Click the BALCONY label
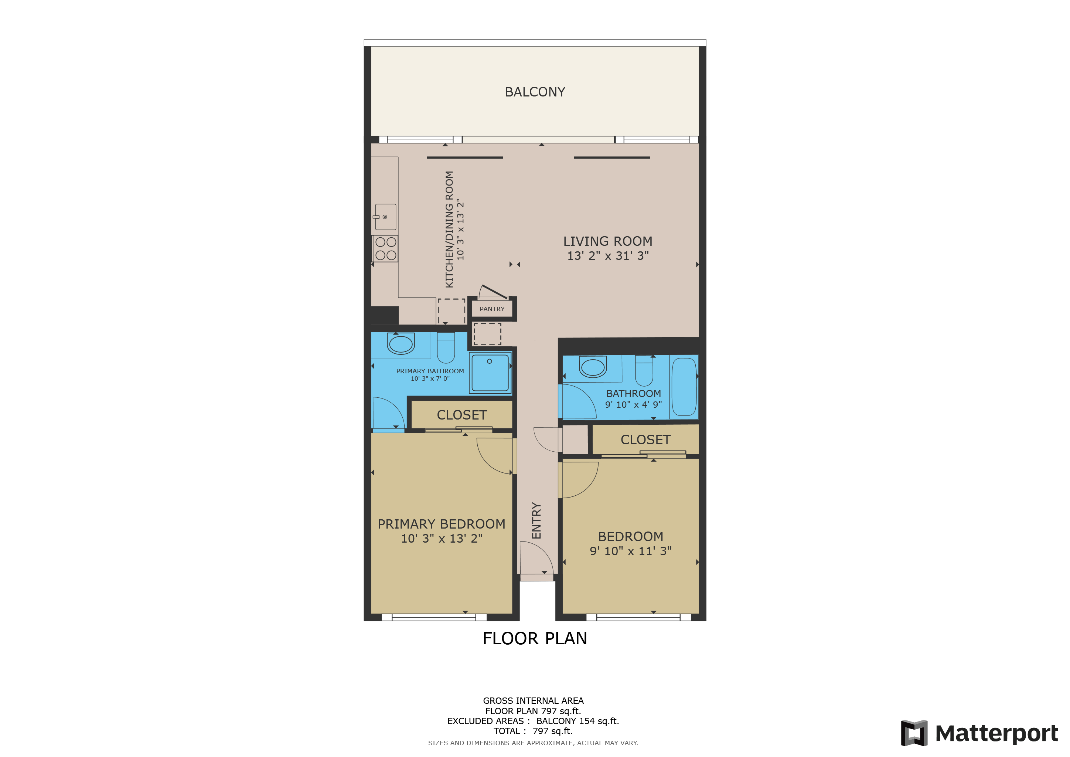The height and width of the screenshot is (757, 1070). [535, 92]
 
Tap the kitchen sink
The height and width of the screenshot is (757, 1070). [385, 217]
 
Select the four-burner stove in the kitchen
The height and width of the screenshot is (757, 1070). [385, 248]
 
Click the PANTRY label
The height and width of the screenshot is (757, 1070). [492, 309]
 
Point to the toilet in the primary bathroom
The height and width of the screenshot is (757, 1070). [446, 348]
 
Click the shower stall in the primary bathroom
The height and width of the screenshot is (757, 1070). [490, 373]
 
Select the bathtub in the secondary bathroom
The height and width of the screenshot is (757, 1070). [684, 386]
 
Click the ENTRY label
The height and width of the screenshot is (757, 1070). [536, 521]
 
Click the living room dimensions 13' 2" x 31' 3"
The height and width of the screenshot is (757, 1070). [608, 255]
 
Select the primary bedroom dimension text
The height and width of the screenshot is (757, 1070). [441, 539]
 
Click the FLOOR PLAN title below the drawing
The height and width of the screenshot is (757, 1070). [535, 638]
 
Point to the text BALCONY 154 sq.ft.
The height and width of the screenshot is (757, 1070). [577, 721]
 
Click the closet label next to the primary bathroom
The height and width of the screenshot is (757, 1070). [461, 415]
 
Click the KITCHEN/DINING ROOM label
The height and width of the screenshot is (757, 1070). [449, 229]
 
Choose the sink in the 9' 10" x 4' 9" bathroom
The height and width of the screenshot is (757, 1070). [593, 367]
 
